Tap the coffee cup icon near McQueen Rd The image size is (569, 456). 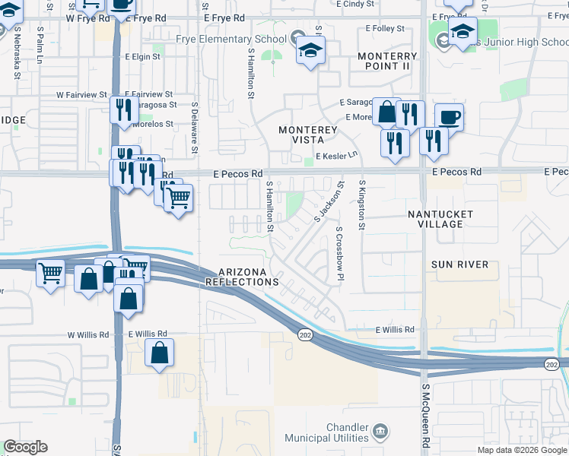(449, 117)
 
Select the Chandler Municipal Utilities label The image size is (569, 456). (326, 432)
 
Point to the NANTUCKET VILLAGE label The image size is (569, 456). (440, 219)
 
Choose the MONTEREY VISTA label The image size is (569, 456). (307, 135)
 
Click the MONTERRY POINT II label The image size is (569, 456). (387, 62)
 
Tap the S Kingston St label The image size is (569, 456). (362, 205)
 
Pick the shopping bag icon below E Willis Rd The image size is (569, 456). (159, 353)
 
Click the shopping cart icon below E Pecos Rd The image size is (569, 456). (178, 198)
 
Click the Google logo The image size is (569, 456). (25, 447)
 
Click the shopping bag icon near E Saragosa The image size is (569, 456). (386, 112)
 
